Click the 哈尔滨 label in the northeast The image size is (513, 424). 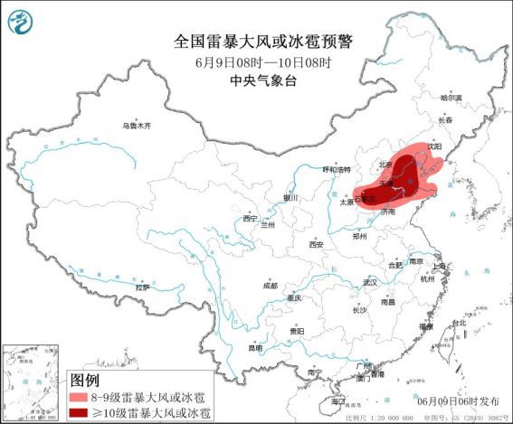pyautogui.click(x=450, y=97)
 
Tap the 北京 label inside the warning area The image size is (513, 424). pyautogui.click(x=386, y=165)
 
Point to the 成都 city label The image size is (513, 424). pyautogui.click(x=271, y=285)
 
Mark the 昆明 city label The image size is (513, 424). pyautogui.click(x=257, y=347)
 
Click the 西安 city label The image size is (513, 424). pyautogui.click(x=315, y=244)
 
